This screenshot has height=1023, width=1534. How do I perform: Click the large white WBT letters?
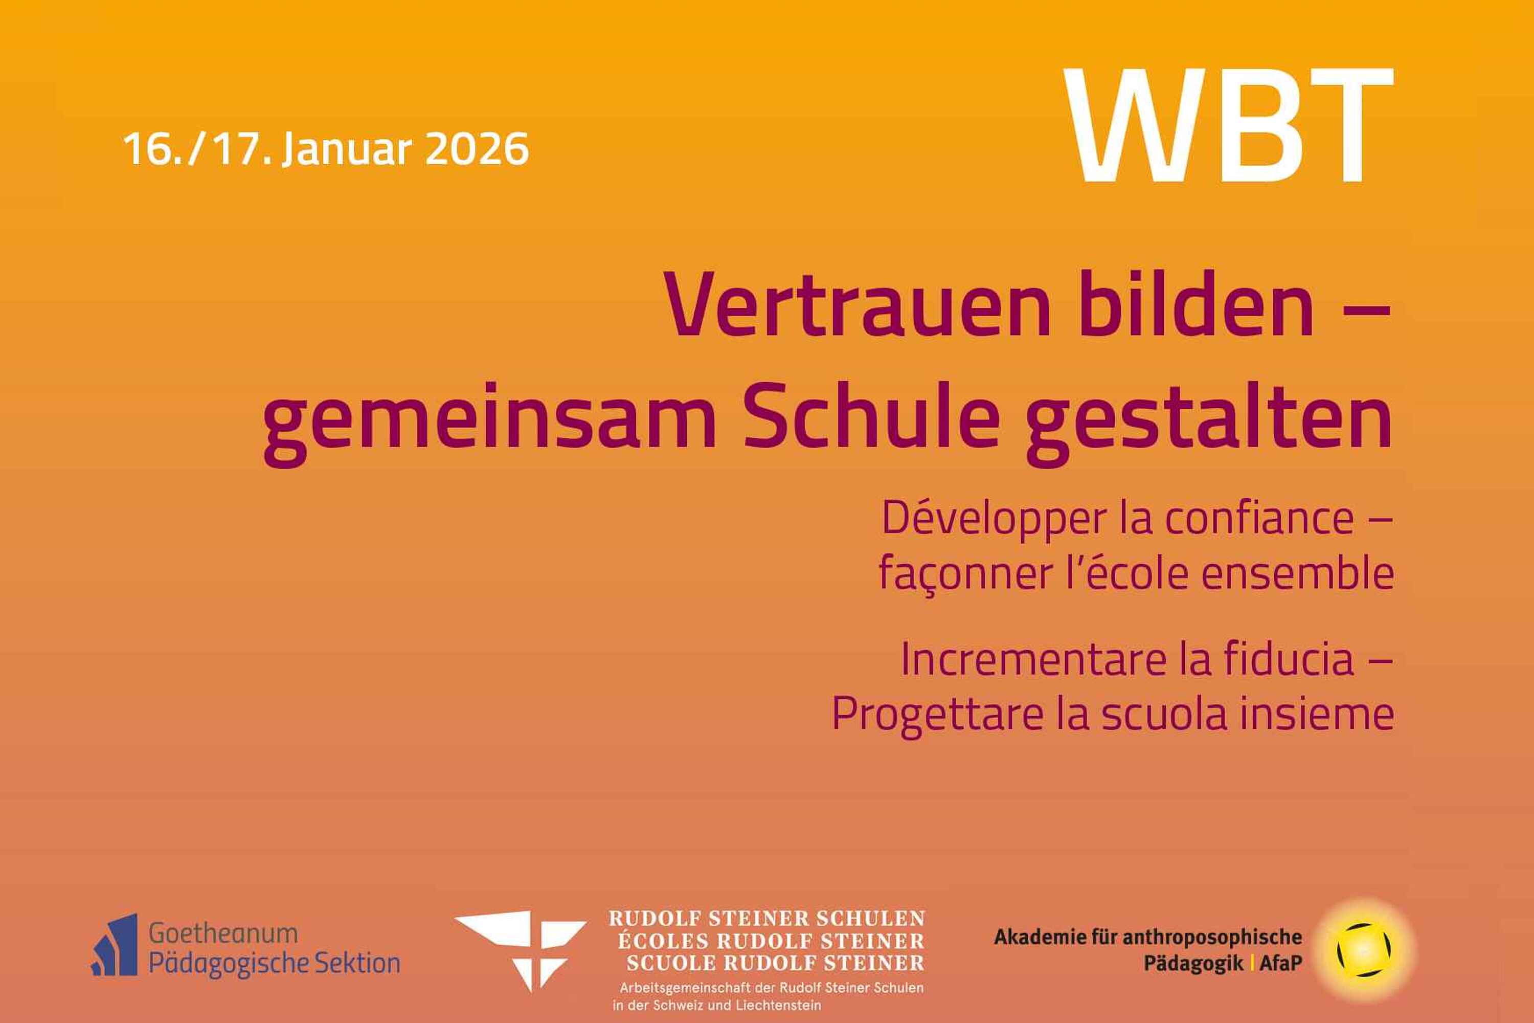[x=1229, y=125]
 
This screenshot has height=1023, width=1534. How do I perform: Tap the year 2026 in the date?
[x=477, y=148]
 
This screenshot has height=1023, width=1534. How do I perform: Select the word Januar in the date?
[x=348, y=150]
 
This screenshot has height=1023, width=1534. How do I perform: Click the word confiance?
[x=1259, y=517]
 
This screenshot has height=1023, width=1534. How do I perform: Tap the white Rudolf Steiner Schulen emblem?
[x=521, y=950]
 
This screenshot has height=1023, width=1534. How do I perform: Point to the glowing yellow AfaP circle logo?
[x=1364, y=950]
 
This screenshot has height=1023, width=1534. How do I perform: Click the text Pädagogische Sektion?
[x=275, y=964]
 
